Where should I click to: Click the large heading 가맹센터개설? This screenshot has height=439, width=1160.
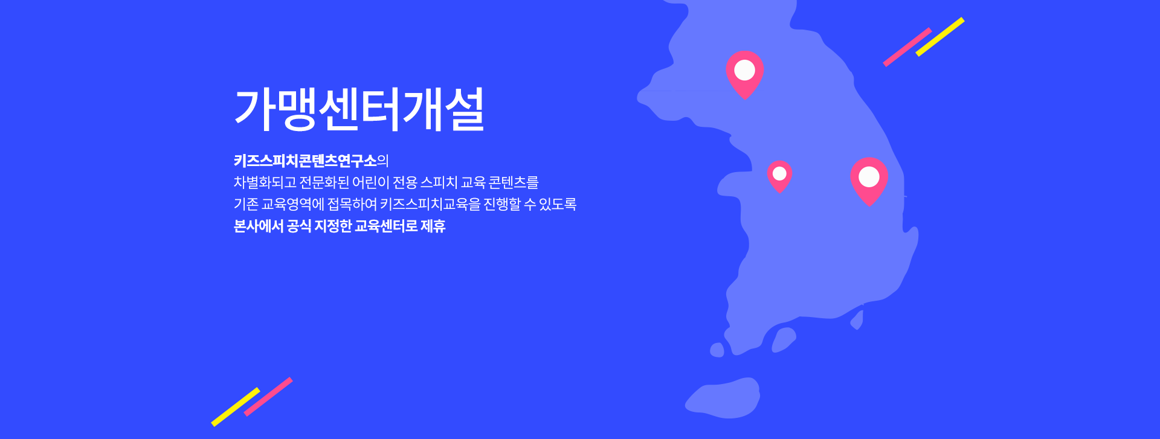(x=359, y=109)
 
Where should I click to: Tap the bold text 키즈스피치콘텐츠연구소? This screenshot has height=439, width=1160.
(x=305, y=161)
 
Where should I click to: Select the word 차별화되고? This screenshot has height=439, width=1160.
(x=265, y=182)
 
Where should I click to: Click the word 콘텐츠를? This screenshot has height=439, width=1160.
(x=513, y=182)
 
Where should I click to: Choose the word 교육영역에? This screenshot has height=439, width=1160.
(x=293, y=204)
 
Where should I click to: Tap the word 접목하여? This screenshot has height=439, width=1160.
(x=352, y=204)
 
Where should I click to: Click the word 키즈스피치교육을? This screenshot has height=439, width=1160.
(x=430, y=204)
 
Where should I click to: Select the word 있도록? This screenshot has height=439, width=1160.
(x=558, y=204)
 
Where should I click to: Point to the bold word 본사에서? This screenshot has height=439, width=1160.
(x=259, y=226)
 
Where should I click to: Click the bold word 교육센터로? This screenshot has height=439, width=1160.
(x=386, y=226)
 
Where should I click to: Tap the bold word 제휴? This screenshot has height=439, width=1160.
(x=433, y=226)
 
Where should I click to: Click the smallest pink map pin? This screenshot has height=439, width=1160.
(x=780, y=176)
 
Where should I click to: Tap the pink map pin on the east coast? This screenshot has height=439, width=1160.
(x=869, y=179)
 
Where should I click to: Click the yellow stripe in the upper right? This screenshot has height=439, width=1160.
(x=940, y=37)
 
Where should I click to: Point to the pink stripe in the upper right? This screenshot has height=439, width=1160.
(x=907, y=46)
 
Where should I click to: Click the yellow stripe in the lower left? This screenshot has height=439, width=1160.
(x=236, y=407)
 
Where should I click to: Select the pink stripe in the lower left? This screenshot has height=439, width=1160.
(x=268, y=397)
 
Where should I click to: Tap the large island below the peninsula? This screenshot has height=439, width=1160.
(x=723, y=398)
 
